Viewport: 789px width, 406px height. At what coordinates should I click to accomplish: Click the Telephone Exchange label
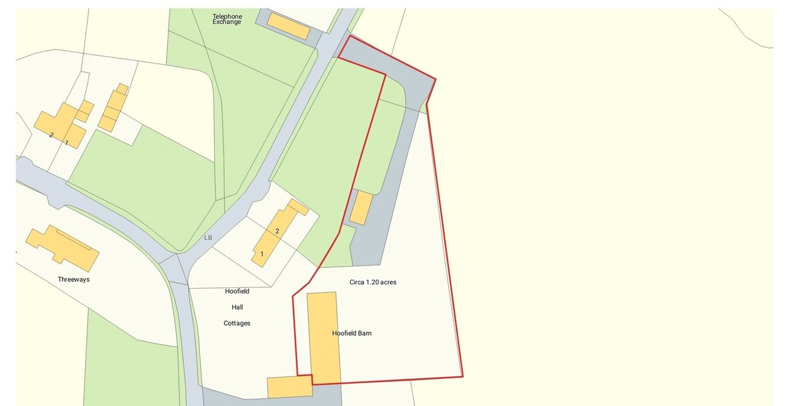pos(227,19)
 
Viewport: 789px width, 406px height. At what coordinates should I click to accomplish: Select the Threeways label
pos(74,279)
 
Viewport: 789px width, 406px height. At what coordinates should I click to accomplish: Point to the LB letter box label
pos(207,238)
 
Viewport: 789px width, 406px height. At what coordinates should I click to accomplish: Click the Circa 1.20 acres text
pos(373,282)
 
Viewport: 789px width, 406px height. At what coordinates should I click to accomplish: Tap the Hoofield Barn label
pos(352,333)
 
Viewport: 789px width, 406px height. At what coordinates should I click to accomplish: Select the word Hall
pos(237,307)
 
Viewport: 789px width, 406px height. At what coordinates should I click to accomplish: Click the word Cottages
pos(237,323)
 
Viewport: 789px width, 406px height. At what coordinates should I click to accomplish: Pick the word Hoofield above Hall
pos(237,291)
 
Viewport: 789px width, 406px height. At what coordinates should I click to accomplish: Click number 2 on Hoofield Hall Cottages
pos(277,231)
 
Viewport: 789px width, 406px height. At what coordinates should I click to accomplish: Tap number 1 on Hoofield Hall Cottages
pos(262,254)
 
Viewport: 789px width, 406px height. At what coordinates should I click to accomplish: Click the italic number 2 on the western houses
pos(51,135)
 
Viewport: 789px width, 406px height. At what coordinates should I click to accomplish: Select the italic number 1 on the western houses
pos(67,143)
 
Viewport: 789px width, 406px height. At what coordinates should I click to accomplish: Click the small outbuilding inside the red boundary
pos(361,208)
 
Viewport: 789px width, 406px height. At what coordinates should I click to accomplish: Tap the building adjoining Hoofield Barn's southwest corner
pos(289,387)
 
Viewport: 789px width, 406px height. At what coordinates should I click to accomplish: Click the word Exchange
pos(227,22)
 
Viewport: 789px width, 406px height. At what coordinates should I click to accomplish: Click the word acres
pos(388,282)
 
